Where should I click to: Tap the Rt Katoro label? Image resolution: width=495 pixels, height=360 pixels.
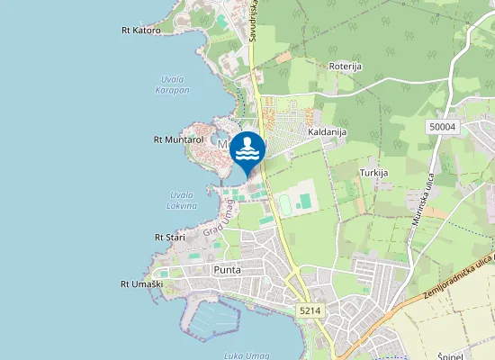[x=140, y=31]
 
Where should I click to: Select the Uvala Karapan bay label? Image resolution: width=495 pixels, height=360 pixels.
[x=172, y=84]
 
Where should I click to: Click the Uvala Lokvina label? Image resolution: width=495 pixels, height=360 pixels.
[x=183, y=200]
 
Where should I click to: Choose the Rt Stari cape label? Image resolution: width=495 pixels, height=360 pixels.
[x=169, y=238]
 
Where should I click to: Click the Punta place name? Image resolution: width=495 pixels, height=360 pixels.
[x=227, y=269]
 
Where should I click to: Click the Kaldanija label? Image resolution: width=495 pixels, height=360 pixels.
[x=328, y=131]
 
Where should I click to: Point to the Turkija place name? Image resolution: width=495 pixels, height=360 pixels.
[x=373, y=172]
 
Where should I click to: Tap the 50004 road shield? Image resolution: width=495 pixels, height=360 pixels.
[x=443, y=127]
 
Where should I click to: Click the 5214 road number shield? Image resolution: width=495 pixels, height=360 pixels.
[x=308, y=310]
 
